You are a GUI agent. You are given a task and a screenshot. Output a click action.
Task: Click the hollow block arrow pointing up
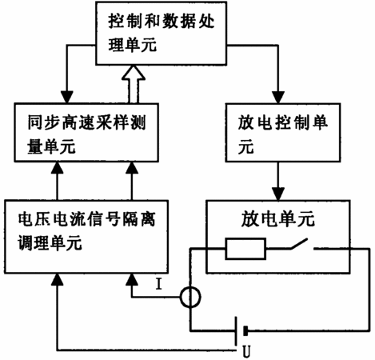(134, 85)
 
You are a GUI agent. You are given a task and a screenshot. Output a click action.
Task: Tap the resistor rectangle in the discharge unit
(245, 249)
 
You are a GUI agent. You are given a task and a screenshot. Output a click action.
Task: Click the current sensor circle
(190, 297)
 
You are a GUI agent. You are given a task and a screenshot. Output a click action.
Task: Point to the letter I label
(159, 284)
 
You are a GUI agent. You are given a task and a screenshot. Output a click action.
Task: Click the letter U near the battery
(246, 351)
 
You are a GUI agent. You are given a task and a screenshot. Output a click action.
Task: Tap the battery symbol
(241, 331)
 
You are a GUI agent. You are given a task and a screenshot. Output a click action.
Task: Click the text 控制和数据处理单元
(161, 33)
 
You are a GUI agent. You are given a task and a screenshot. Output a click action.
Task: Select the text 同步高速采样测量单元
(86, 134)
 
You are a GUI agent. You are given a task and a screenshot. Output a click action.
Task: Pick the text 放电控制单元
(282, 134)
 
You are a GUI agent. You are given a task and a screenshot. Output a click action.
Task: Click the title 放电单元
(278, 218)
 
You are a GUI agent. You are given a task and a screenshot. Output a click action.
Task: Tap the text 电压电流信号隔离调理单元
(86, 231)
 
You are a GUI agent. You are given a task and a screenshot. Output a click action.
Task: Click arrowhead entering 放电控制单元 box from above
(278, 98)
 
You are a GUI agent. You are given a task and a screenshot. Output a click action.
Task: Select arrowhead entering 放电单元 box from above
(278, 194)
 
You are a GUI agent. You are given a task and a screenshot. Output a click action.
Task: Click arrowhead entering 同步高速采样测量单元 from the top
(67, 98)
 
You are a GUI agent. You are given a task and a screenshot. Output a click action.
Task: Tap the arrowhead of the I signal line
(132, 279)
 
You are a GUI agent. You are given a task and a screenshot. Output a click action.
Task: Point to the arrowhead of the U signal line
(57, 279)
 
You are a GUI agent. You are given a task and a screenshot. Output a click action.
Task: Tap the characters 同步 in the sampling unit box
(43, 122)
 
